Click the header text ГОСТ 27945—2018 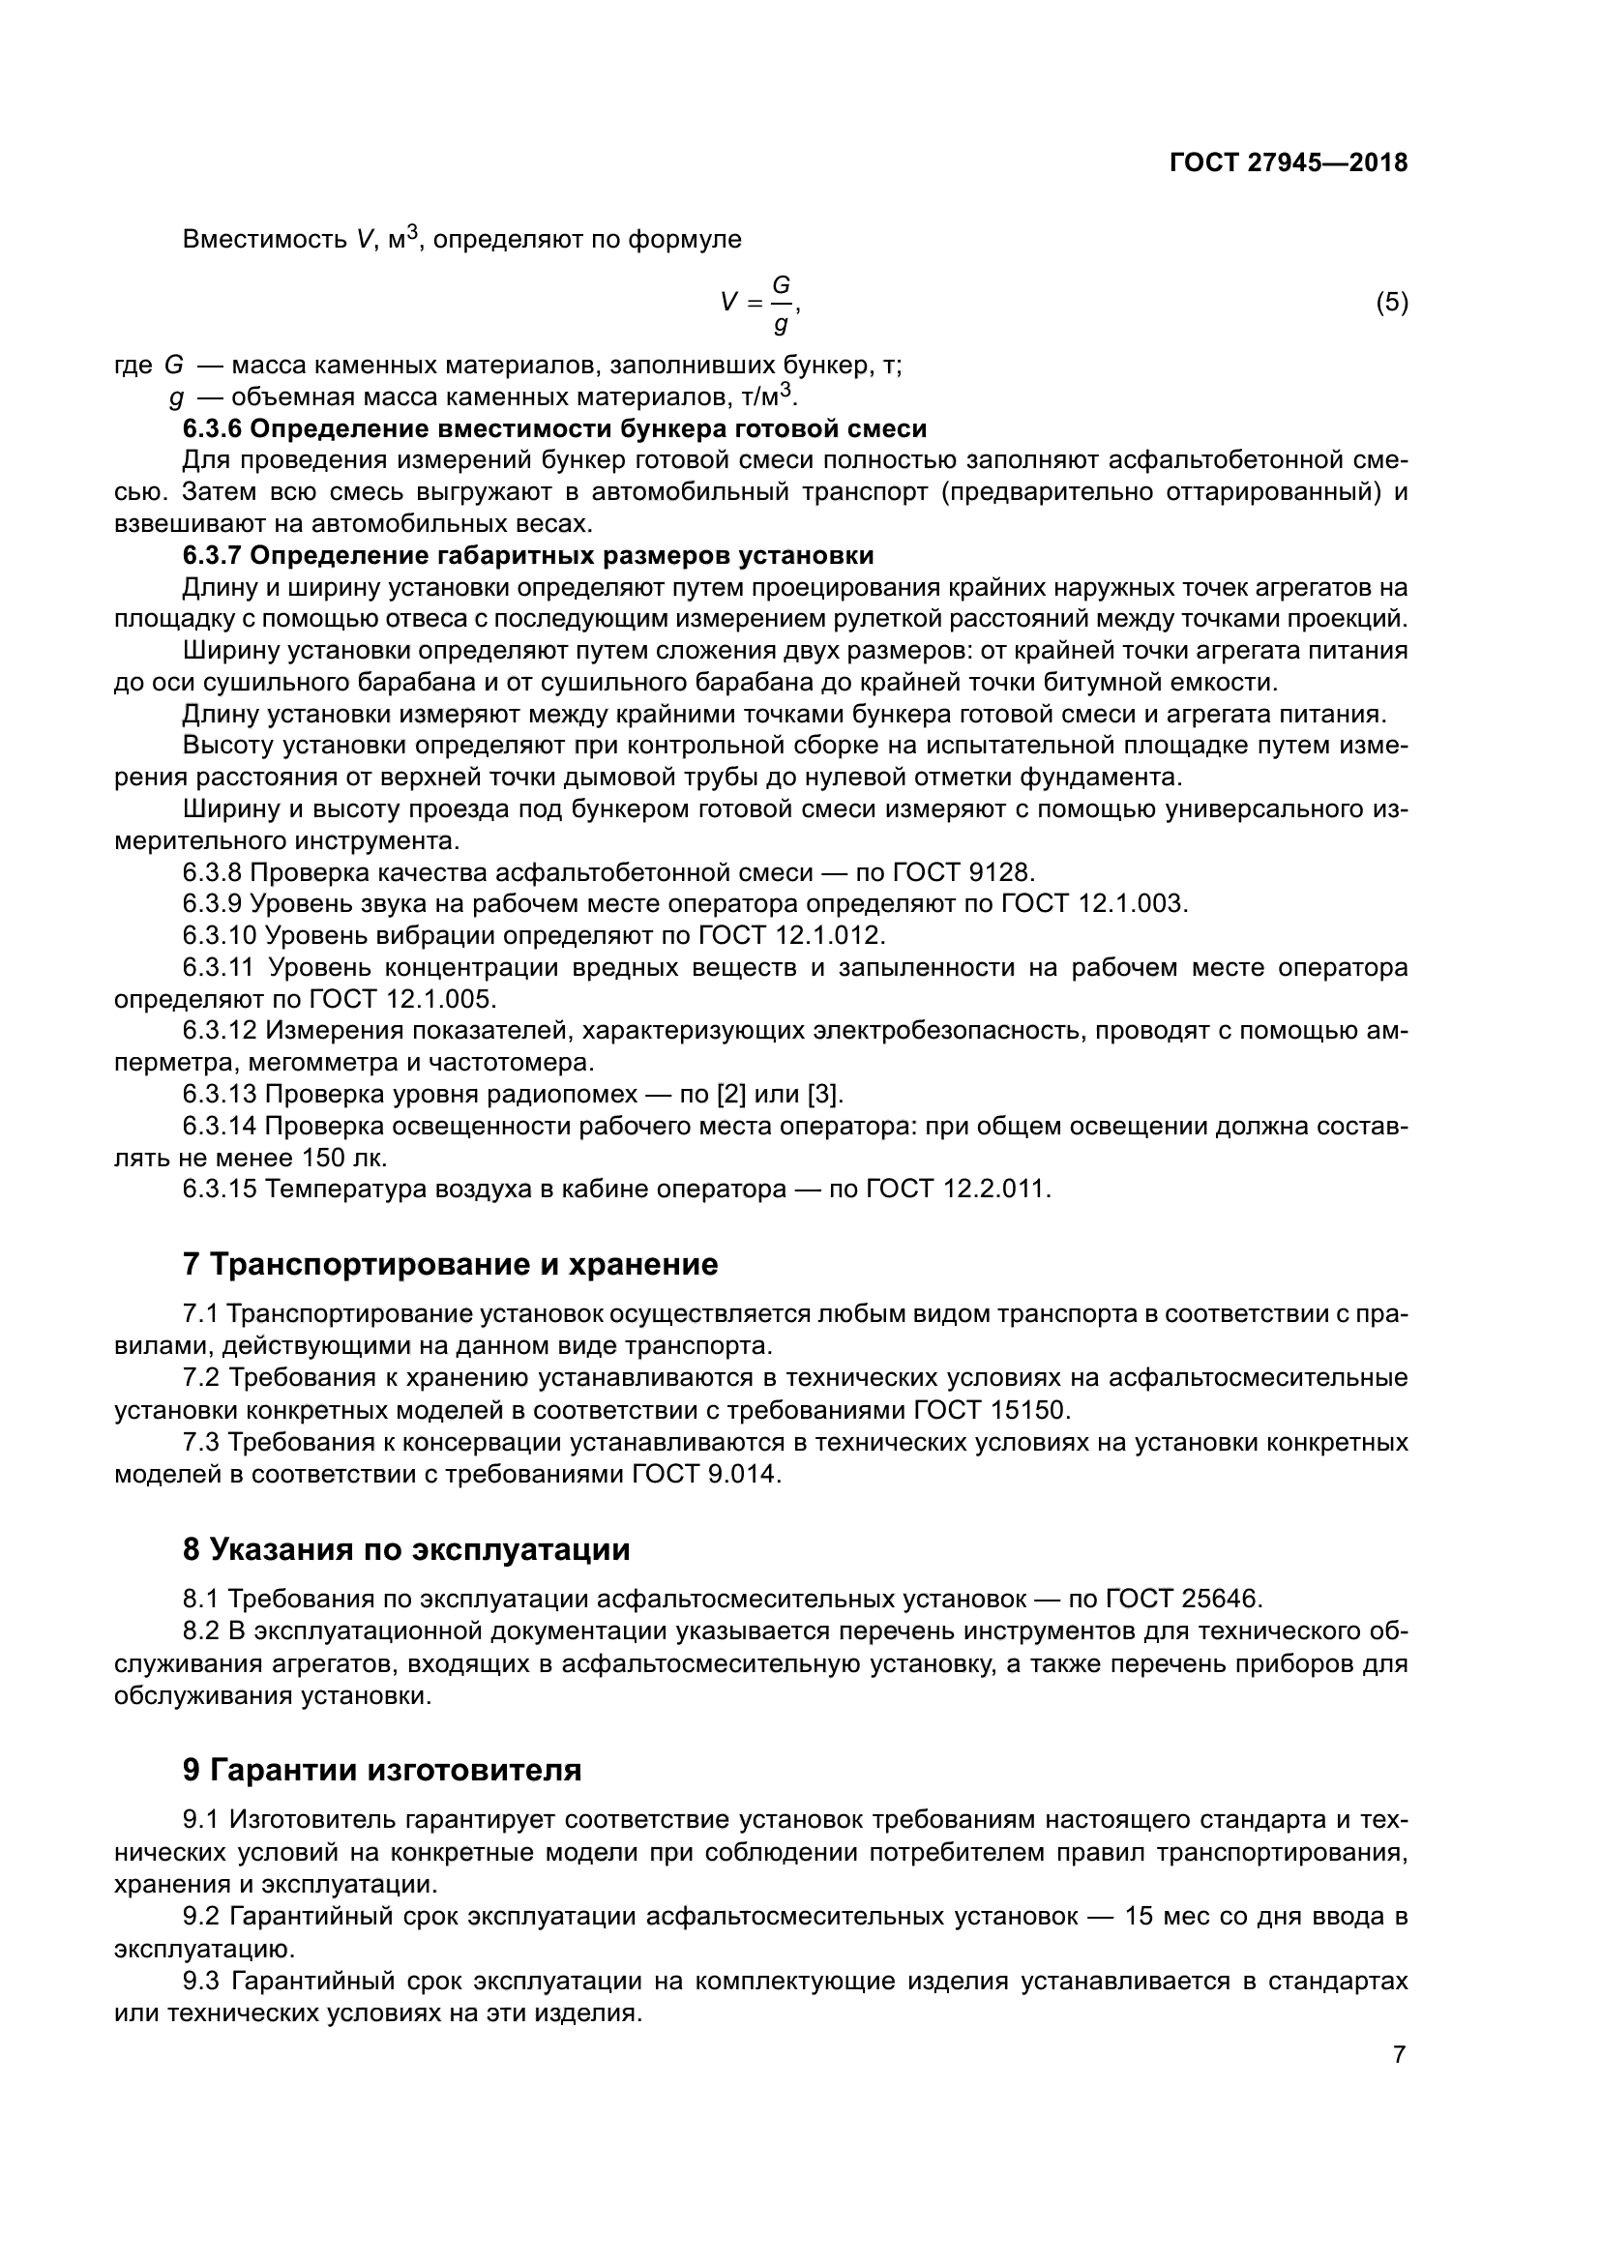(1288, 163)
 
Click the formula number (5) (1391, 303)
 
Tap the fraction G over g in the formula (781, 304)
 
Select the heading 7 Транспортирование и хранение (450, 1264)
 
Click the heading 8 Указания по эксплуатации (406, 1549)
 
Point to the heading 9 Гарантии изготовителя (382, 1770)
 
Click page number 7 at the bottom (1399, 2055)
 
